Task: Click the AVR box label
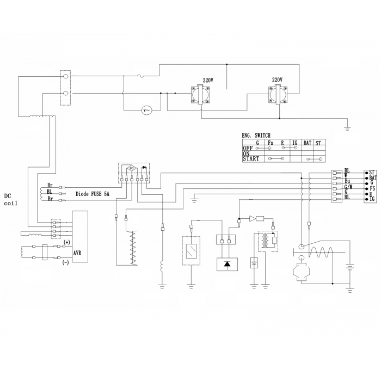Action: pos(77,253)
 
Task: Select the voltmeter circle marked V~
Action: pos(147,110)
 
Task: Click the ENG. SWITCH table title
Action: pos(256,136)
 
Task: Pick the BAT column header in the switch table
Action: pos(308,143)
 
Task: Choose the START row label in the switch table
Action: pos(251,159)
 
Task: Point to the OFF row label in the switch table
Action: pos(248,148)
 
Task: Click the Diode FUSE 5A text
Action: pos(93,194)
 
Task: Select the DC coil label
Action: pos(11,200)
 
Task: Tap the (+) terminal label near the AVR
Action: pos(66,242)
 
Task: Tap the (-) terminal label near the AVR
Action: pos(66,262)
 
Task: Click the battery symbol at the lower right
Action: pos(349,268)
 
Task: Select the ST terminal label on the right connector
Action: pos(372,173)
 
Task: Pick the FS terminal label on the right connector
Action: pos(372,188)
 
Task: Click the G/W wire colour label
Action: pos(348,187)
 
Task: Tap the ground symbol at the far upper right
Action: pos(348,128)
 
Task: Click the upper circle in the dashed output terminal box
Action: pos(65,76)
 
